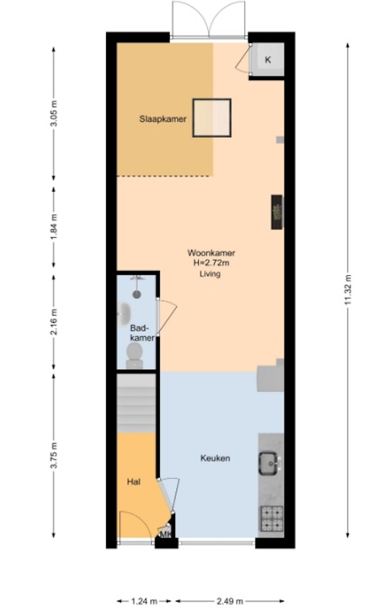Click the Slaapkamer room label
pyautogui.click(x=163, y=119)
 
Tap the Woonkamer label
pyautogui.click(x=211, y=253)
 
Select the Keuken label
pyautogui.click(x=215, y=458)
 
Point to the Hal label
pyautogui.click(x=134, y=482)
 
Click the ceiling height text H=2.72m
pyautogui.click(x=211, y=263)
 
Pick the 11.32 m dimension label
pyautogui.click(x=348, y=290)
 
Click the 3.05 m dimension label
pyautogui.click(x=54, y=113)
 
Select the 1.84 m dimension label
pyautogui.click(x=54, y=227)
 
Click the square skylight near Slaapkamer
pyautogui.click(x=212, y=118)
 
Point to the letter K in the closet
pyautogui.click(x=268, y=60)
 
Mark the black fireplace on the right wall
pyautogui.click(x=277, y=212)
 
